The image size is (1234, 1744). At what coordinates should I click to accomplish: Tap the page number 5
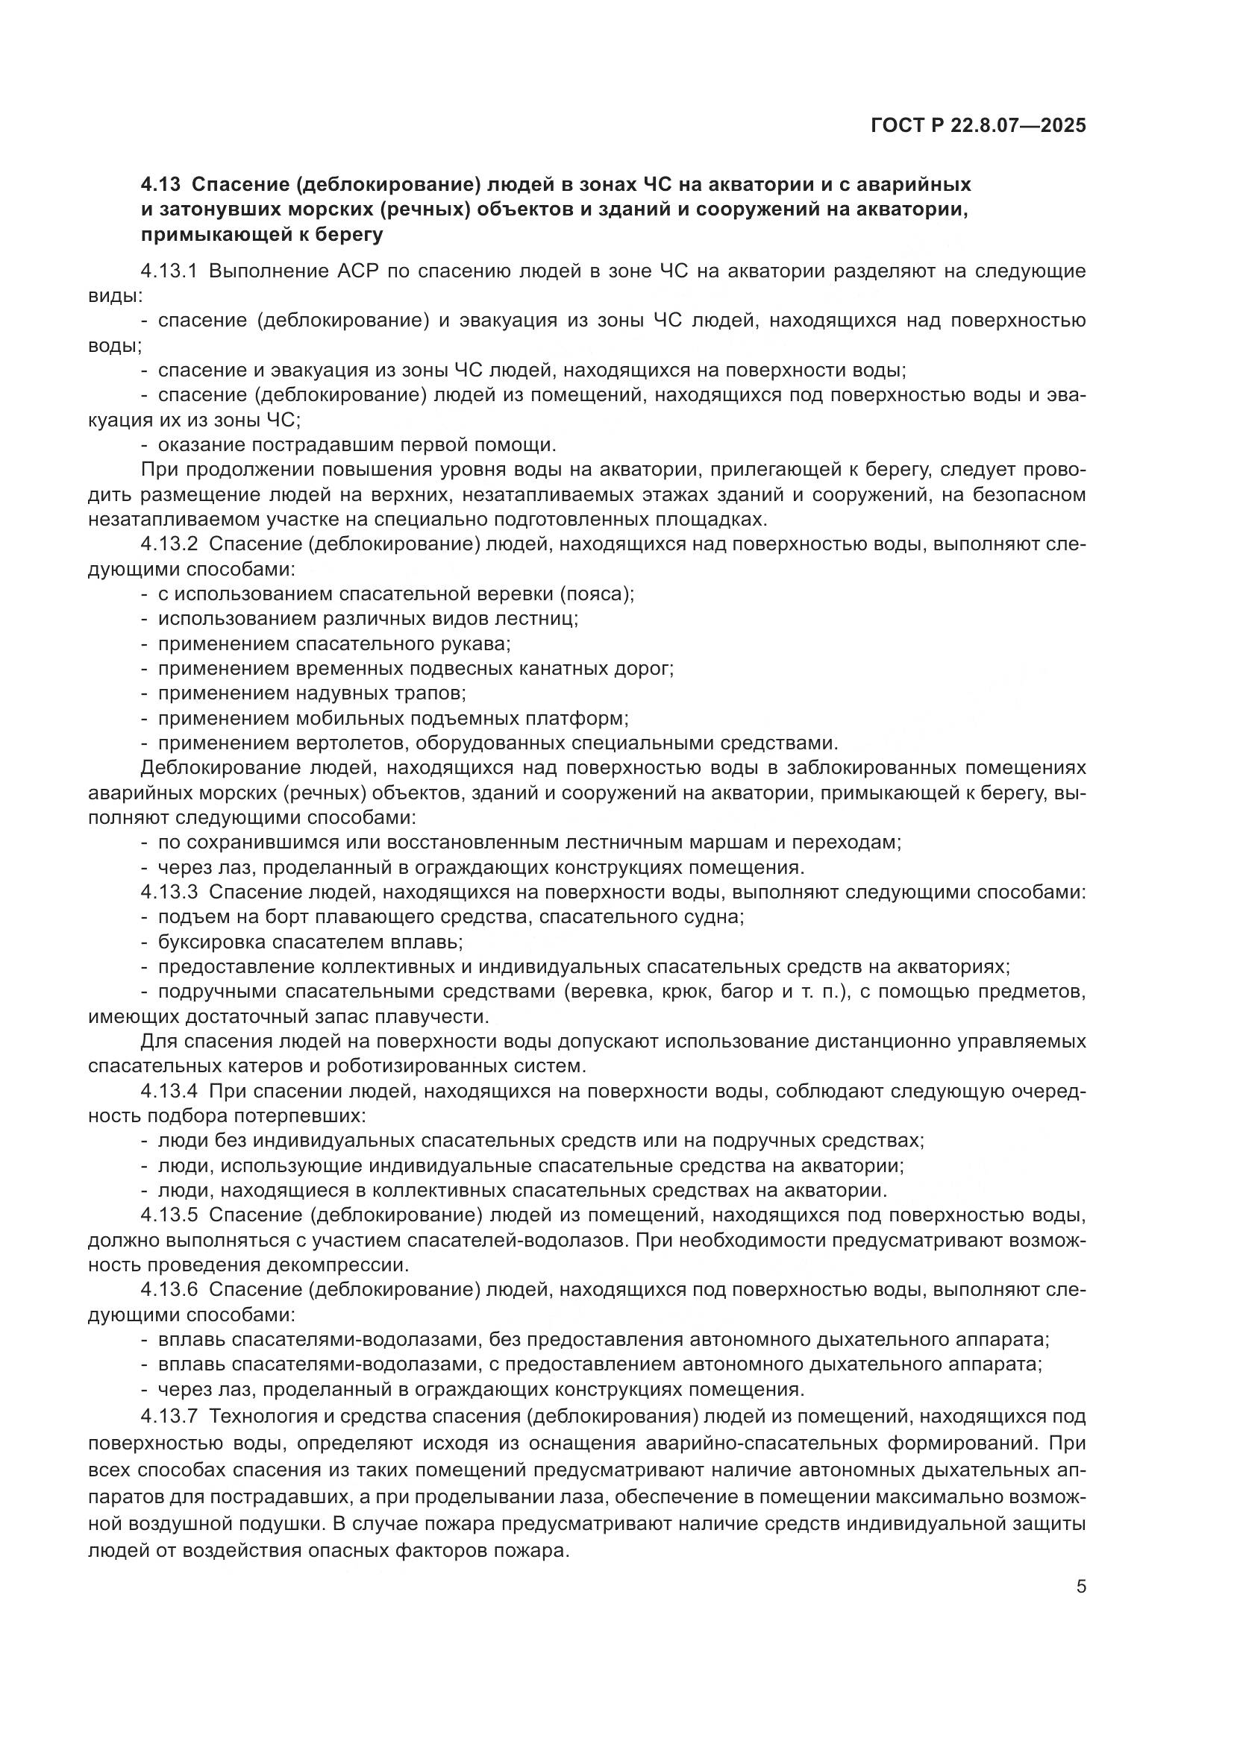1080,1587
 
